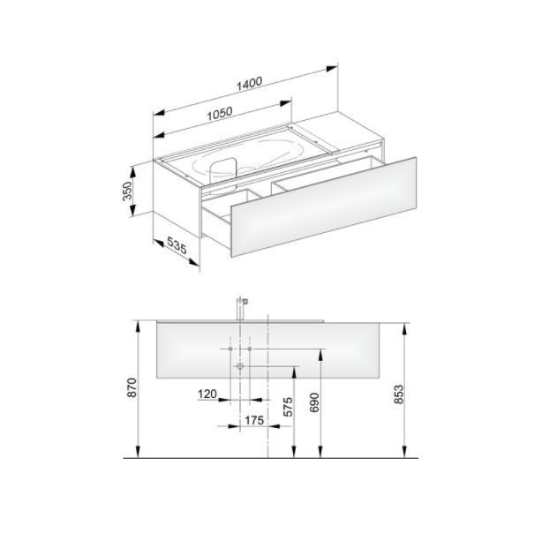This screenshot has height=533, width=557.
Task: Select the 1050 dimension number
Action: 220,113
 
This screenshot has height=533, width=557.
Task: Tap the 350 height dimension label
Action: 127,191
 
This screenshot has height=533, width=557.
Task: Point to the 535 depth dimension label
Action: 177,244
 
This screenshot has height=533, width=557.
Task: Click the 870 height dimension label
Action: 132,387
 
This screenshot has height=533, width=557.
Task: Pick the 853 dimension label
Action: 399,394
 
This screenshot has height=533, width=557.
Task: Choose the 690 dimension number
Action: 315,402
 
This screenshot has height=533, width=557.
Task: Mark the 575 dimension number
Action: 288,407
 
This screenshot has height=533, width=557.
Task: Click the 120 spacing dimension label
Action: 207,394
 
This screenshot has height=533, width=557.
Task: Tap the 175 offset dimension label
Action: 254,420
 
